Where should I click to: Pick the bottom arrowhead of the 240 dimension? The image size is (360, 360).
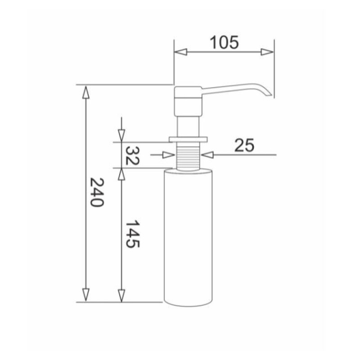pyautogui.click(x=85, y=295)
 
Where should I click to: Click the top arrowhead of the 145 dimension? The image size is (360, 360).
pyautogui.click(x=121, y=175)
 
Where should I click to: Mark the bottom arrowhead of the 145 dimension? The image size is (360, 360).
pyautogui.click(x=121, y=295)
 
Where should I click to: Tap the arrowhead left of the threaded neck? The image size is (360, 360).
pyautogui.click(x=169, y=155)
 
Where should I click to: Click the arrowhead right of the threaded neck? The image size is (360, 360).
pyautogui.click(x=208, y=155)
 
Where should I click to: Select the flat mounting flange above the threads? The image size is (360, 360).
pyautogui.click(x=188, y=139)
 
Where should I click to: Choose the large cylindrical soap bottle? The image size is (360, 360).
pyautogui.click(x=188, y=236)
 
